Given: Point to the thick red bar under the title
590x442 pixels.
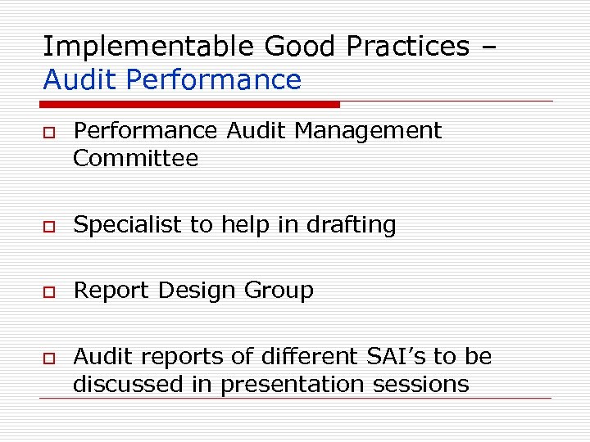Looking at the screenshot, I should pyautogui.click(x=188, y=104).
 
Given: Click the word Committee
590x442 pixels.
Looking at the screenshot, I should pyautogui.click(x=135, y=158).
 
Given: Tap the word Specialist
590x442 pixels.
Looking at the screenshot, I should pyautogui.click(x=127, y=225).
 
